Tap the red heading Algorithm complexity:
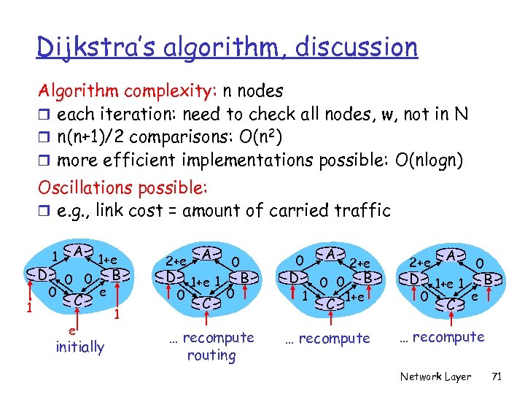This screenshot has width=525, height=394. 128,91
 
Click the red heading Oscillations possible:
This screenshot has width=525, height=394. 124,188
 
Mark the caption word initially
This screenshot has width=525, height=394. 80,347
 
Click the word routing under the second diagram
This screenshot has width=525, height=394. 211,356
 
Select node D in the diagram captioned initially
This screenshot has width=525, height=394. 44,275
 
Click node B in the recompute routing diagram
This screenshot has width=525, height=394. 247,278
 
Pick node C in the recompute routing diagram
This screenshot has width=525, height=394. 207,301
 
